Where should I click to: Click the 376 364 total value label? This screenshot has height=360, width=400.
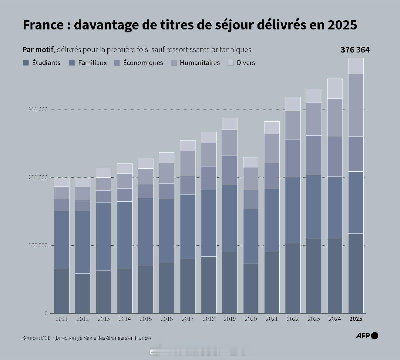(355, 50)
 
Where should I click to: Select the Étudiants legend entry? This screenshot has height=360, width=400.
(42, 63)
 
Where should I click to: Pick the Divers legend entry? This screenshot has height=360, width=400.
(241, 63)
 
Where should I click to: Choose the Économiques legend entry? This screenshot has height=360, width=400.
(139, 63)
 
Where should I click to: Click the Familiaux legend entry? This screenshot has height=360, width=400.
(88, 63)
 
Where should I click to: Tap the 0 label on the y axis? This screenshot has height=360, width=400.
(46, 313)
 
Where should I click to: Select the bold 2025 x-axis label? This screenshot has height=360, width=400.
(356, 319)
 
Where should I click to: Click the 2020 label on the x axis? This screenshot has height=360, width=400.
(251, 319)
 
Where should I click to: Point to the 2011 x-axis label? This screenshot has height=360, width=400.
(62, 319)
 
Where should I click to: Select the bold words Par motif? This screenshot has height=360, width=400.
(38, 50)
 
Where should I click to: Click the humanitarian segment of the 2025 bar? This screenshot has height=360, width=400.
(356, 105)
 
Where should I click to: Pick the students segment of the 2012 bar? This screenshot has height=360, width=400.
(83, 293)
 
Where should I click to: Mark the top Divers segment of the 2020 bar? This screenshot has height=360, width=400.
(251, 162)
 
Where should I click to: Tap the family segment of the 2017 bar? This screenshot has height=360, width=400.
(188, 227)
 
